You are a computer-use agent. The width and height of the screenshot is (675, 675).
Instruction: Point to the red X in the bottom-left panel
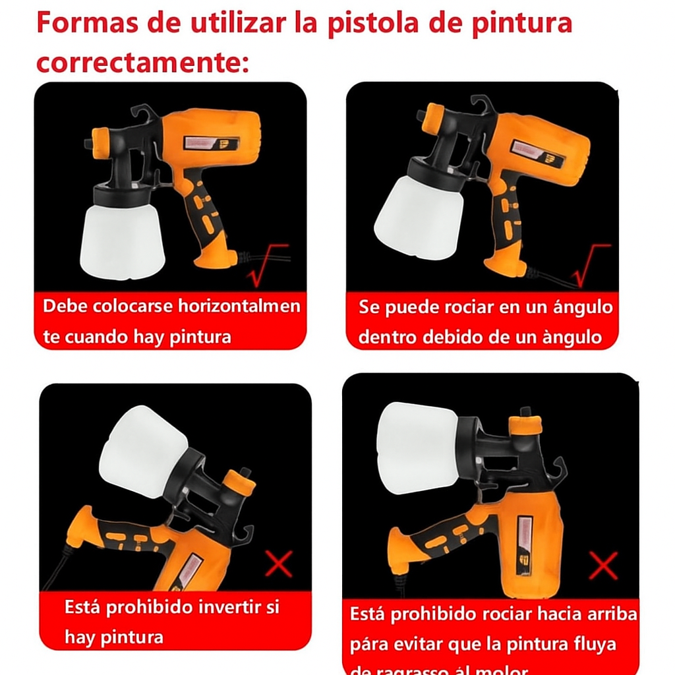[279, 564]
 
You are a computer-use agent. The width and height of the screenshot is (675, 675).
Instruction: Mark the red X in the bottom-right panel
[602, 566]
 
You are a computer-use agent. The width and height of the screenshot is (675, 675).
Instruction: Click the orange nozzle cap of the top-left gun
[101, 142]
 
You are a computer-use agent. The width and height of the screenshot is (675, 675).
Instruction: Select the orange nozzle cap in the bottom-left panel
[239, 483]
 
